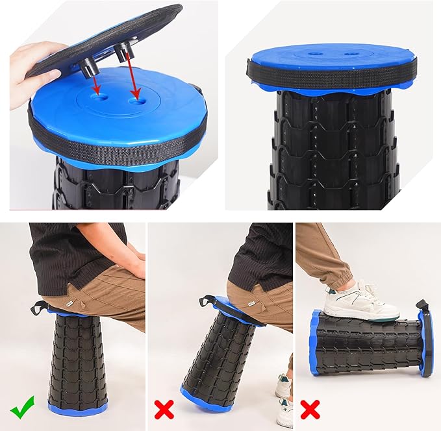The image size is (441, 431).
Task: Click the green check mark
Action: click(23, 410)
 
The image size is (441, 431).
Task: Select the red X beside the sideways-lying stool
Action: click(310, 410)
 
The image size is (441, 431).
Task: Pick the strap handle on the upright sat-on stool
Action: click(40, 306)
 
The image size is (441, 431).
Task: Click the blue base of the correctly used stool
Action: click(77, 409)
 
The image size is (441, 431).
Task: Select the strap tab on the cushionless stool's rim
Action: click(251, 68)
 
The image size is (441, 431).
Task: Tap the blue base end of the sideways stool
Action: click(314, 341)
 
